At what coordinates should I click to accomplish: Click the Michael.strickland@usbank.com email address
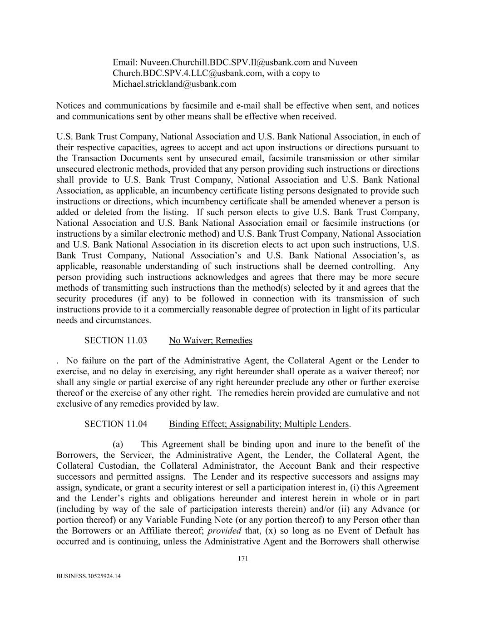point(174,84)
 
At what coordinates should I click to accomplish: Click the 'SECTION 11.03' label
point(116,340)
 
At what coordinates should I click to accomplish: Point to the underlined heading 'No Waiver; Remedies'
point(211,340)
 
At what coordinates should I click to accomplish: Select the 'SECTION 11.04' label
point(116,424)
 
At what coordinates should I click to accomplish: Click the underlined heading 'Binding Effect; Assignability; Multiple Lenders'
point(259,424)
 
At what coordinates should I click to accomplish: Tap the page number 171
point(243,559)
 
